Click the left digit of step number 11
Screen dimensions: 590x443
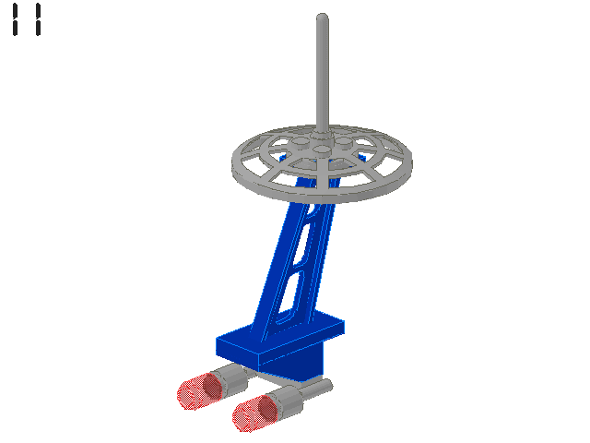(x=15, y=19)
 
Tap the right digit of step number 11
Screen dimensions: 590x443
(x=38, y=19)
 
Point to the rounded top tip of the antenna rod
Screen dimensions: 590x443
(x=323, y=17)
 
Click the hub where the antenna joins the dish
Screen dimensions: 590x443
(x=322, y=134)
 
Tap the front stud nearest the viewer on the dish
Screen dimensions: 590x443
(x=322, y=150)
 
